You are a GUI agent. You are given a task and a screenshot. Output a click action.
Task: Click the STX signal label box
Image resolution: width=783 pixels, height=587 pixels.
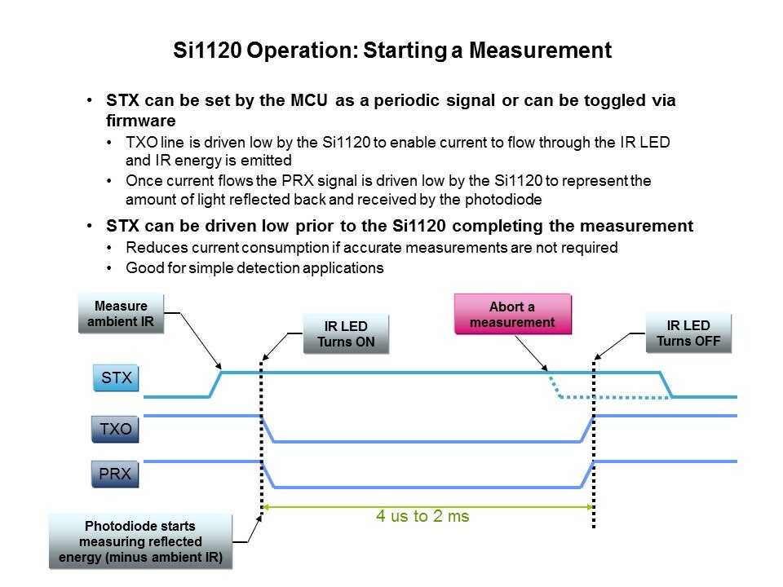click(116, 377)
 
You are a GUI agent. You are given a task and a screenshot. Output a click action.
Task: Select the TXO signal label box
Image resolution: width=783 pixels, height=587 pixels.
click(115, 429)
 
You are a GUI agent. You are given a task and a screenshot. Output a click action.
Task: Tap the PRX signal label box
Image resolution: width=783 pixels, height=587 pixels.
click(115, 474)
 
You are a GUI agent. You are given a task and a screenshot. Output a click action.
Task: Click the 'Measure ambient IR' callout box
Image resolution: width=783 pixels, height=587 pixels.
click(121, 313)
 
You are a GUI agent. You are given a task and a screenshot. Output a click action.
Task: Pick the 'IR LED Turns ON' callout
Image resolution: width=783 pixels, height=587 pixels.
click(346, 334)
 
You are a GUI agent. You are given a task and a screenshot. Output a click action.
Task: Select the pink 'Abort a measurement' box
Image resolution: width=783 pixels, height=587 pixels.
click(513, 314)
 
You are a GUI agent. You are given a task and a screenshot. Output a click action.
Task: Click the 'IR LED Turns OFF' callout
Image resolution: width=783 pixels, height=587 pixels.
click(688, 333)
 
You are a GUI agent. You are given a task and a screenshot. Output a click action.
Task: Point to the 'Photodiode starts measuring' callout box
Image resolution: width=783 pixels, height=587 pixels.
click(141, 541)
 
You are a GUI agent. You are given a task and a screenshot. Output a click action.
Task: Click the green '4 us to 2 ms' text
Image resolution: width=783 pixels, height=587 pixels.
click(422, 516)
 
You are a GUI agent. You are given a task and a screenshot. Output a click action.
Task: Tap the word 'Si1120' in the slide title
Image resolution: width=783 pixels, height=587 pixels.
click(207, 51)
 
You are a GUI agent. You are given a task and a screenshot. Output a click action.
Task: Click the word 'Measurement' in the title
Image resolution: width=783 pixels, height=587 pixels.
click(540, 51)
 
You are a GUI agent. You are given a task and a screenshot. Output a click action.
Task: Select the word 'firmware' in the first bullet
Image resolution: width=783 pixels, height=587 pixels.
click(141, 121)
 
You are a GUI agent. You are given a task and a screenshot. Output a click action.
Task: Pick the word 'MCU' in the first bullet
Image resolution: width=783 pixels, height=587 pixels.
click(309, 100)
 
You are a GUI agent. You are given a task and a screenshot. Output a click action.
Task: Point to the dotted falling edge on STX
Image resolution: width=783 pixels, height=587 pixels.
click(554, 384)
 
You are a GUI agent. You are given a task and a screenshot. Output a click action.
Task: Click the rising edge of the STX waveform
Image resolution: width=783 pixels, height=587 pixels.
click(215, 384)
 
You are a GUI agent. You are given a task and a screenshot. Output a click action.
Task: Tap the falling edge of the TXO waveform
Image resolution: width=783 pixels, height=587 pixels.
click(268, 429)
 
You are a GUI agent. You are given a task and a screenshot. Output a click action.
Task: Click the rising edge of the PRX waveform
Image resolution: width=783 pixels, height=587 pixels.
click(587, 474)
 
